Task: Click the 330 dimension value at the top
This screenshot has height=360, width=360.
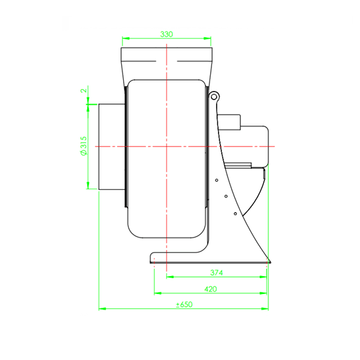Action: pyautogui.click(x=166, y=34)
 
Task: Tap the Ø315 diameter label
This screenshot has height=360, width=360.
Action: pyautogui.click(x=84, y=146)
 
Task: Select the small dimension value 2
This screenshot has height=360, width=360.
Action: pyautogui.click(x=84, y=90)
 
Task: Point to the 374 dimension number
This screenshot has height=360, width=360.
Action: pyautogui.click(x=217, y=272)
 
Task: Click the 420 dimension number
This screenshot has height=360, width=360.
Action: pyautogui.click(x=211, y=289)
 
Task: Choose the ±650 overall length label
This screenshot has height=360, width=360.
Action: pyautogui.click(x=184, y=304)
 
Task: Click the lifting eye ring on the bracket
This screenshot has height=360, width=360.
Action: pyautogui.click(x=214, y=97)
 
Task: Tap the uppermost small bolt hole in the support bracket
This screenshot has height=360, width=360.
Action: pyautogui.click(x=217, y=180)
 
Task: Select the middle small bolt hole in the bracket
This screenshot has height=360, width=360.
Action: pyautogui.click(x=226, y=196)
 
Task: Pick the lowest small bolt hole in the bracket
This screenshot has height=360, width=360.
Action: pyautogui.click(x=236, y=214)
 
